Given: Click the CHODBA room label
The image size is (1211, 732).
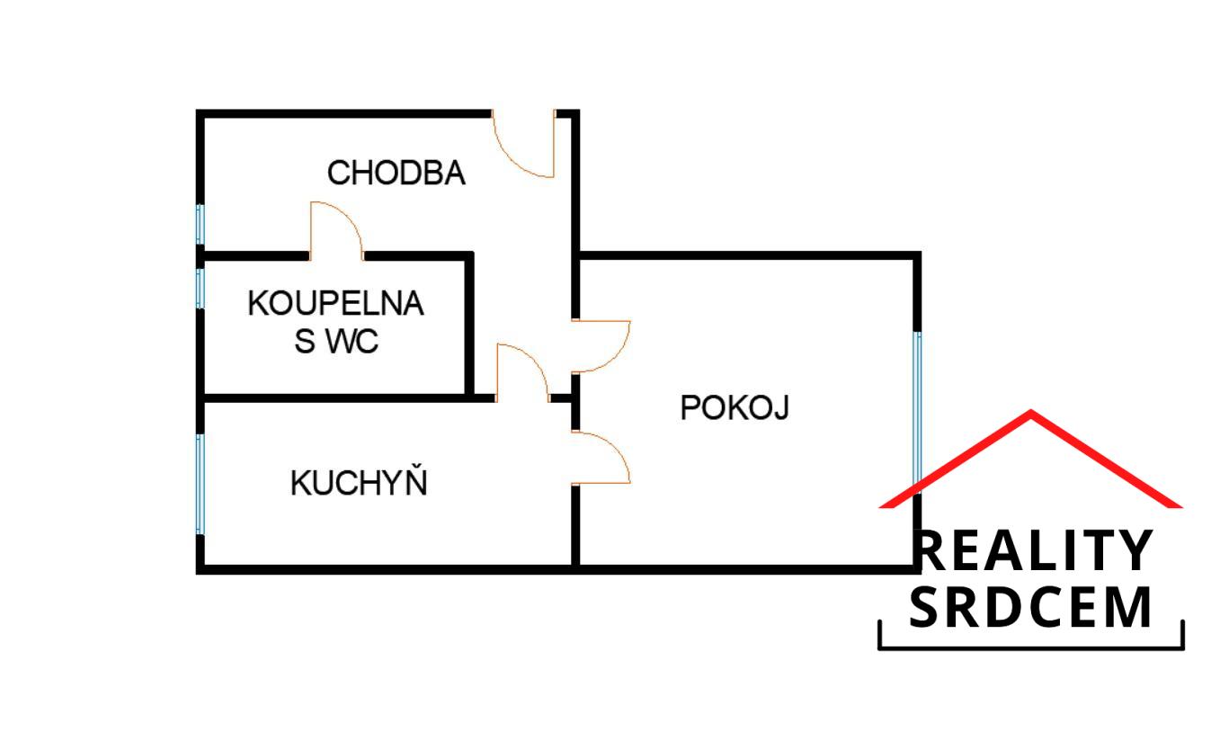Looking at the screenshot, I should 396,173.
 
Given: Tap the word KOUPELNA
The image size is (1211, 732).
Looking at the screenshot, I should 335,304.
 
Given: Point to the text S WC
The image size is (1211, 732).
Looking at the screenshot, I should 336,342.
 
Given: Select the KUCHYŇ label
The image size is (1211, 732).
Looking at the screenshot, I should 358,484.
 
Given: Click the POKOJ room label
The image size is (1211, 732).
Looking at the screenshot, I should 735,408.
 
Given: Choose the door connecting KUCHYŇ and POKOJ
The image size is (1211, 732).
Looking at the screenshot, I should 601,458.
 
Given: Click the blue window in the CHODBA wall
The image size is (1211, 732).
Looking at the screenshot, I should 200,224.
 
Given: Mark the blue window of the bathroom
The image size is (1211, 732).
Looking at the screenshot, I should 200,286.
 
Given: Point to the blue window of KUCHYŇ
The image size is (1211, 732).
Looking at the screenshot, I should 200,484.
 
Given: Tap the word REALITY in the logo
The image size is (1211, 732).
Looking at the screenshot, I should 1034,550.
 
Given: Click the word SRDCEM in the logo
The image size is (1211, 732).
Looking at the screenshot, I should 1030,607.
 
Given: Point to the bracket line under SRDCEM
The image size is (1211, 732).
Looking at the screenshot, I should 1030,647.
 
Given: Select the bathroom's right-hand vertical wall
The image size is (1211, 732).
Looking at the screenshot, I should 469,324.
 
